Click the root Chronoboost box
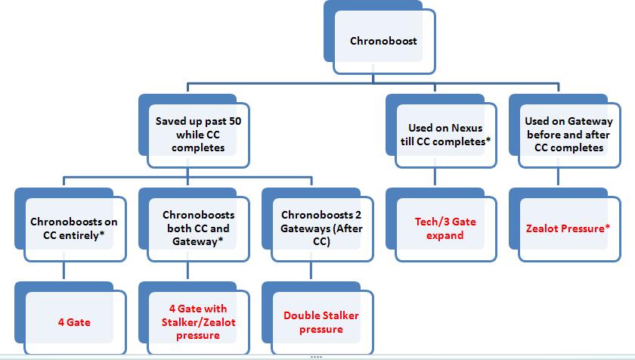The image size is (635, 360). [383, 42]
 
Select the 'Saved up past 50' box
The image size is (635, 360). [197, 134]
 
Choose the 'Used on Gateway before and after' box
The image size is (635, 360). [568, 134]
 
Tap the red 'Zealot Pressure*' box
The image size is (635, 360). [568, 228]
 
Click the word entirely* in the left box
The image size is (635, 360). [81, 234]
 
